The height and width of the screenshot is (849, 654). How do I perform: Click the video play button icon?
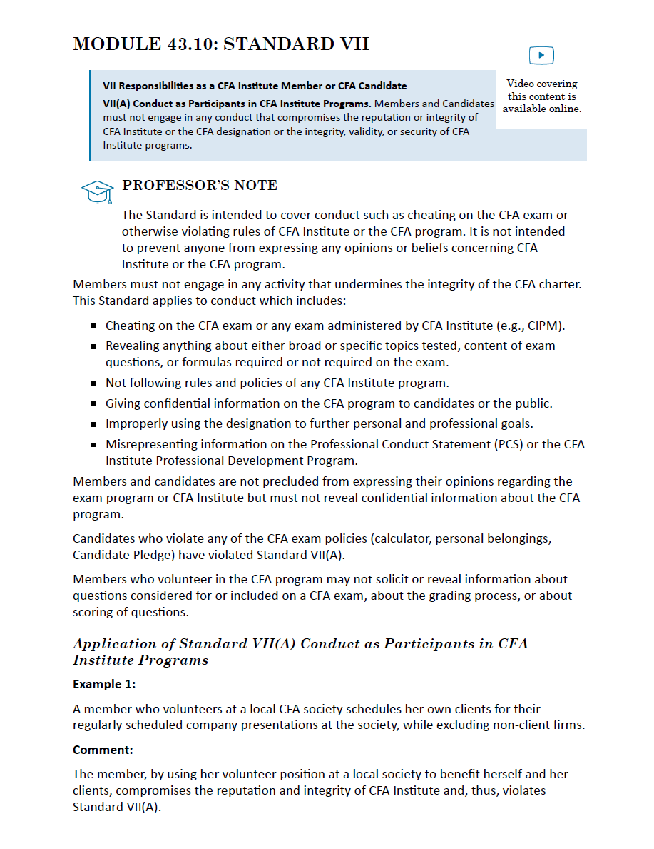pyautogui.click(x=541, y=55)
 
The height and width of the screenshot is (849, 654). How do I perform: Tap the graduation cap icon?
pyautogui.click(x=97, y=191)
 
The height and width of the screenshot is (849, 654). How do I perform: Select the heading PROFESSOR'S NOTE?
pyautogui.click(x=200, y=186)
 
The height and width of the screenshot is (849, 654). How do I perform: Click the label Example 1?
pyautogui.click(x=104, y=684)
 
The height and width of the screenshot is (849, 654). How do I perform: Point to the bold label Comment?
pyautogui.click(x=103, y=750)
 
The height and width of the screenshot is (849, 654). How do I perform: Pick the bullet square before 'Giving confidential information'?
pyautogui.click(x=94, y=404)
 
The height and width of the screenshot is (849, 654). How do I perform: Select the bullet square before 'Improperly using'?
pyautogui.click(x=94, y=424)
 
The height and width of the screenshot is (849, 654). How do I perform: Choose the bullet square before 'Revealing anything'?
pyautogui.click(x=94, y=346)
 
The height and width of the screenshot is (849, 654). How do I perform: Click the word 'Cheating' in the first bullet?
pyautogui.click(x=131, y=326)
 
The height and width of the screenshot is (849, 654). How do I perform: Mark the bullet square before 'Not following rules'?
pyautogui.click(x=94, y=383)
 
